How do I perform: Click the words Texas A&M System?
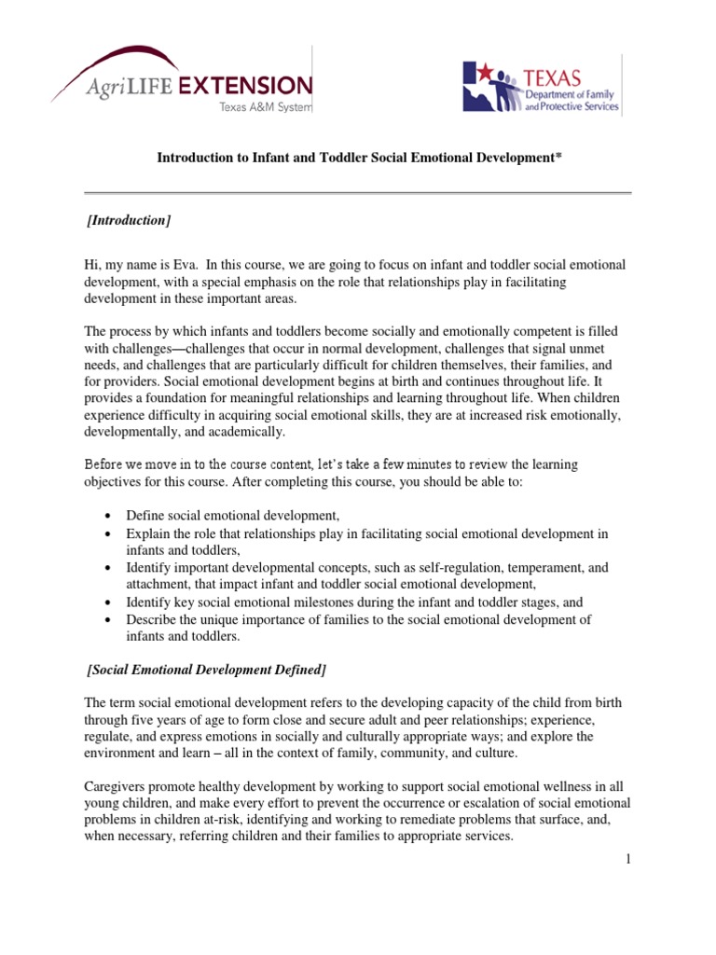coord(266,107)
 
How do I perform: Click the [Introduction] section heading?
coord(128,220)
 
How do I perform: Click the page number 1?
coord(629,858)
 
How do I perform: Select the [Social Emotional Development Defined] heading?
coord(206,671)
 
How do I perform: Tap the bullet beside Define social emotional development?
coord(110,516)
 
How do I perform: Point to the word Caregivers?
coord(117,787)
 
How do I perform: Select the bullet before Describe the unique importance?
coord(110,619)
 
